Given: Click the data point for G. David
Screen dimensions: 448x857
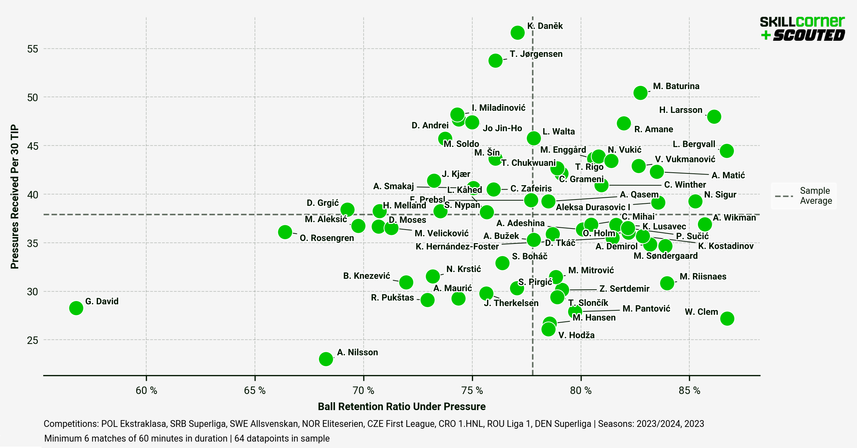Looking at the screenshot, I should (76, 307).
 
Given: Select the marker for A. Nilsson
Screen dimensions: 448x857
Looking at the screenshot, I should (326, 359).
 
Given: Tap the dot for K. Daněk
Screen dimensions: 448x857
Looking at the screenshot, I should (517, 33).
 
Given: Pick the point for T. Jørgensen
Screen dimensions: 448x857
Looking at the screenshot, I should (495, 60).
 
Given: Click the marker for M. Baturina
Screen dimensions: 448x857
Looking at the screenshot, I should (640, 93).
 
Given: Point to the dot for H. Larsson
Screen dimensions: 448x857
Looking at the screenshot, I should (714, 117).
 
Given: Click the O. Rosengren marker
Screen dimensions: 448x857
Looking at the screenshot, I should (285, 232).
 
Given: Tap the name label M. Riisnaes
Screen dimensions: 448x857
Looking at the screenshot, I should (703, 276).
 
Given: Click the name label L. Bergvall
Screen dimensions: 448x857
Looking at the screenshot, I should (694, 144).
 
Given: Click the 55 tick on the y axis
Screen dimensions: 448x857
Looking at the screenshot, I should (33, 49).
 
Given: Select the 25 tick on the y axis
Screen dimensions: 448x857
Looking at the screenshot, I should (33, 340).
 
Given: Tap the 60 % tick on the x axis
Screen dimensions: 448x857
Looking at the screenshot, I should (146, 390).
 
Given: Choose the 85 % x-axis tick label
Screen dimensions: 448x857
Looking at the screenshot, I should (689, 390).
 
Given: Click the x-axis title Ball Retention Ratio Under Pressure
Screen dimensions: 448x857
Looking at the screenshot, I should (402, 407).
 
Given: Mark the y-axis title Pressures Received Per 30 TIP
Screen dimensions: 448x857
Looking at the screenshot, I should (14, 196).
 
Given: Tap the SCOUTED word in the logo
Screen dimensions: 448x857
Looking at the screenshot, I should (809, 35).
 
